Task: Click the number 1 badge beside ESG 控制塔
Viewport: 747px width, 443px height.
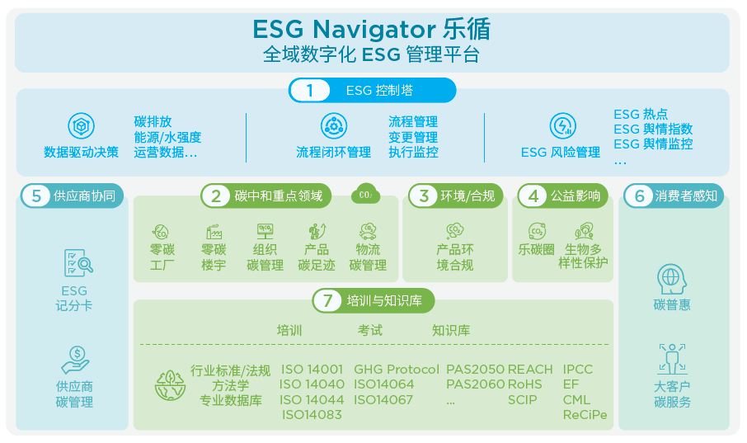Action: [310, 91]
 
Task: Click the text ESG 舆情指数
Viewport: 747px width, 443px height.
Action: [653, 130]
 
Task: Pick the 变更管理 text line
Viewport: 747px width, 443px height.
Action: [413, 137]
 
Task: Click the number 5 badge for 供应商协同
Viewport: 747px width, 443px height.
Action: [36, 196]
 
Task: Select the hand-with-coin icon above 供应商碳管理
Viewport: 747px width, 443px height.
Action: [74, 360]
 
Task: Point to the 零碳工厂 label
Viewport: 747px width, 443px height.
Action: [162, 257]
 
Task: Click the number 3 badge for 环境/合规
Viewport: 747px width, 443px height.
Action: [424, 196]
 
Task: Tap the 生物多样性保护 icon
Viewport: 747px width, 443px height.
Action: [584, 231]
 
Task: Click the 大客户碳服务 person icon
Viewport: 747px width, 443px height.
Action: [672, 359]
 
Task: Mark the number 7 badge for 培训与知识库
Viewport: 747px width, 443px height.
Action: [327, 301]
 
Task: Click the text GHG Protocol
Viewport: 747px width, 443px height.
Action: [396, 370]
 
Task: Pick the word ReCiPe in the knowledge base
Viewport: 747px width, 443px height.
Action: [585, 415]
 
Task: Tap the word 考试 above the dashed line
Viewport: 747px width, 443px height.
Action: [370, 331]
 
